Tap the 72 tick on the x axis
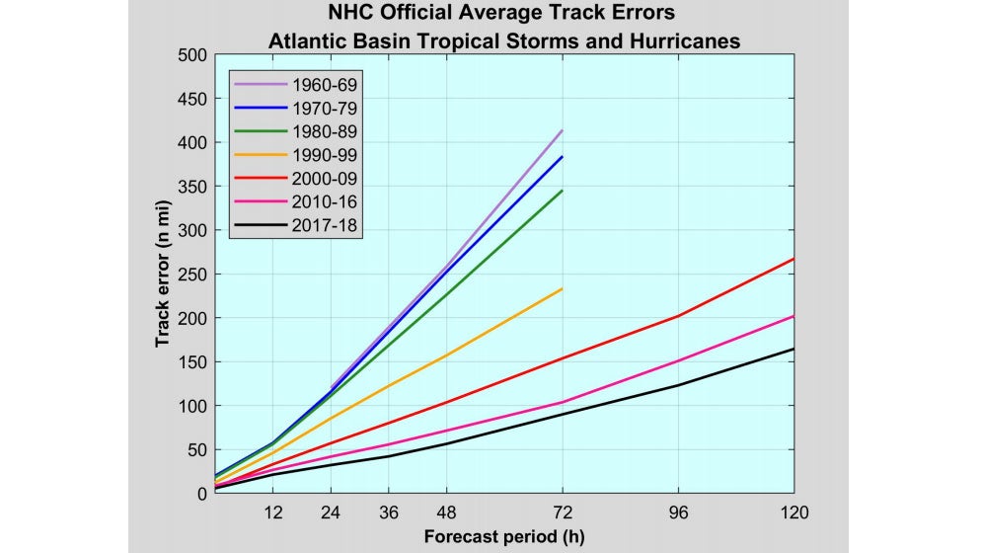563,513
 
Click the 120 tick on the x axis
793,513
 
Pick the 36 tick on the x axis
388,513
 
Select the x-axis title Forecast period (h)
503,537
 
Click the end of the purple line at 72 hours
563,130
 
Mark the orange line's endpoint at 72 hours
563,288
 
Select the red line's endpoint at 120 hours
794,259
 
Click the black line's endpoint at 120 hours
794,349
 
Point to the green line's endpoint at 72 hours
563,191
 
